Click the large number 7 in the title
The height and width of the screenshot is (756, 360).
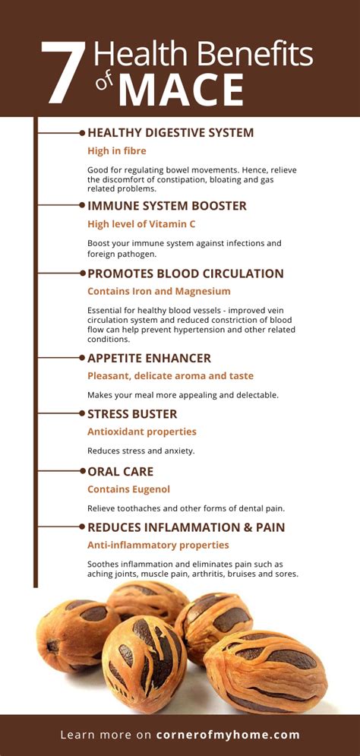[64, 73]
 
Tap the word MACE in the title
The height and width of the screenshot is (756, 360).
[182, 90]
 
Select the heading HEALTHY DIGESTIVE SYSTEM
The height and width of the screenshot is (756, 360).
[171, 133]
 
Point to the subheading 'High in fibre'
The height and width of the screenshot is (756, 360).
[117, 151]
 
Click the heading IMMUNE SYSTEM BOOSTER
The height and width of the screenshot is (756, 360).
[167, 206]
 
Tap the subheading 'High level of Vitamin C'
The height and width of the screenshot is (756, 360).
[141, 224]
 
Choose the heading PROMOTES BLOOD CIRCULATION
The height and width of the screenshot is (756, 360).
[185, 274]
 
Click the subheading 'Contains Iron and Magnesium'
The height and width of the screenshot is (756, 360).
[159, 291]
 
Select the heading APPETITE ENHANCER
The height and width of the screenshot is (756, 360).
[150, 358]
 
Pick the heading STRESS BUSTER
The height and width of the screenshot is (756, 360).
[132, 413]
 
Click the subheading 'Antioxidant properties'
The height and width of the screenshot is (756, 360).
[142, 432]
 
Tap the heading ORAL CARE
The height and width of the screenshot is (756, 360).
[121, 471]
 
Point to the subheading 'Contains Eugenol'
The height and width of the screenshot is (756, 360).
[128, 489]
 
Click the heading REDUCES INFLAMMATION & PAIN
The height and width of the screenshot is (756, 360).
[186, 527]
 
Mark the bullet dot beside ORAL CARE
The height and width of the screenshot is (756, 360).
[82, 471]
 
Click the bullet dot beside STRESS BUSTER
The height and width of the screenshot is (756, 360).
[82, 413]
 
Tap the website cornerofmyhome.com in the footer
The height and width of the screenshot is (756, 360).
[228, 735]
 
